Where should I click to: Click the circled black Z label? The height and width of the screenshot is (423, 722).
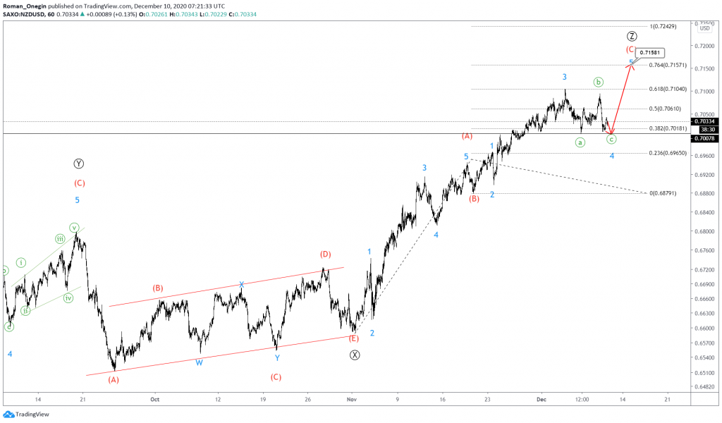[x=632, y=36]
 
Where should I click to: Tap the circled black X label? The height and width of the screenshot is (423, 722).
[x=355, y=355]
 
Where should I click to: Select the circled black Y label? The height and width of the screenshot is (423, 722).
[x=78, y=164]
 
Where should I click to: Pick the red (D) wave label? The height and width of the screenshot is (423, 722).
[x=325, y=254]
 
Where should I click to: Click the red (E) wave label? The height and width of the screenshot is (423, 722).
[x=354, y=338]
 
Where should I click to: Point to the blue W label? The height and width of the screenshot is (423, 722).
[x=200, y=362]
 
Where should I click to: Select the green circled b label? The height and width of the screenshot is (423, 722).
[x=598, y=82]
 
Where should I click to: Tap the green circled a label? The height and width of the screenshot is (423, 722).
[x=580, y=142]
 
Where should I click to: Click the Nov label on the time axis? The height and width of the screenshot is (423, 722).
[x=351, y=398]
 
